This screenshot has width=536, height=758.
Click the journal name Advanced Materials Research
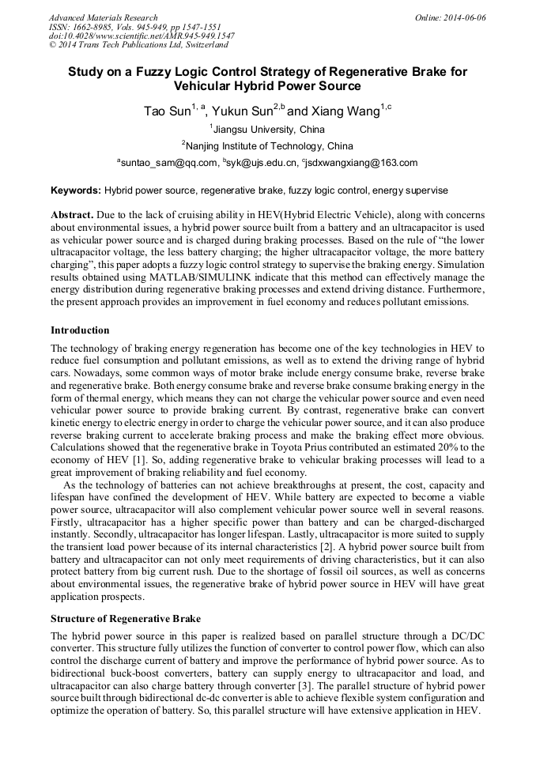[x=103, y=17]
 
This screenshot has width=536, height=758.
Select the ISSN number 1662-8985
[x=92, y=27]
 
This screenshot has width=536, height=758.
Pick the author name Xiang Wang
[x=349, y=111]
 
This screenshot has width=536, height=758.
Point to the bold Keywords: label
[x=76, y=190]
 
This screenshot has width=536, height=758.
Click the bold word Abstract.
[x=72, y=215]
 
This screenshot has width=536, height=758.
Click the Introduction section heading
[x=80, y=330]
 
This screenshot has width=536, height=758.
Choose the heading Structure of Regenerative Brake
[x=125, y=618]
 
